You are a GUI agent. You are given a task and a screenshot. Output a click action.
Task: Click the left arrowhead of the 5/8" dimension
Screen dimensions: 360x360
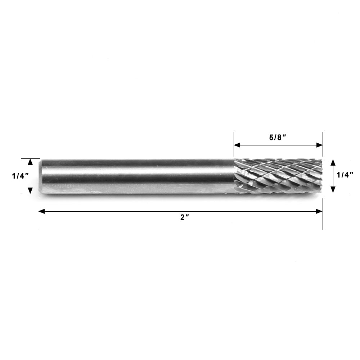click(x=237, y=145)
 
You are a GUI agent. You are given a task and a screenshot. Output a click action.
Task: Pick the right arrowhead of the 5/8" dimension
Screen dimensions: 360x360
click(x=319, y=145)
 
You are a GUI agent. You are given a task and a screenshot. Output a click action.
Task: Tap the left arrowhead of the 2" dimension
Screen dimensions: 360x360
click(x=41, y=211)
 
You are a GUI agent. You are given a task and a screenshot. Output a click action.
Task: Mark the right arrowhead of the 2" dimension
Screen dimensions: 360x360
click(x=319, y=211)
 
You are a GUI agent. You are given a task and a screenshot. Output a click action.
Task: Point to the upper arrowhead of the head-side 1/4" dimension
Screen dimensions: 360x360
click(x=333, y=162)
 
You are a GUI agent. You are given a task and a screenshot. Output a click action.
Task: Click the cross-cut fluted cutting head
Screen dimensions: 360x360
click(x=277, y=176)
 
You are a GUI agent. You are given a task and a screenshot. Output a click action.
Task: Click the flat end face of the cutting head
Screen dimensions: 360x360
click(x=321, y=176)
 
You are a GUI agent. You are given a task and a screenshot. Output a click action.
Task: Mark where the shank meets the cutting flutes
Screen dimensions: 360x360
click(x=234, y=176)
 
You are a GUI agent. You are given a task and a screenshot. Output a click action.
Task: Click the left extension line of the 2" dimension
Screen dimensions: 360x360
click(x=38, y=220)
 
